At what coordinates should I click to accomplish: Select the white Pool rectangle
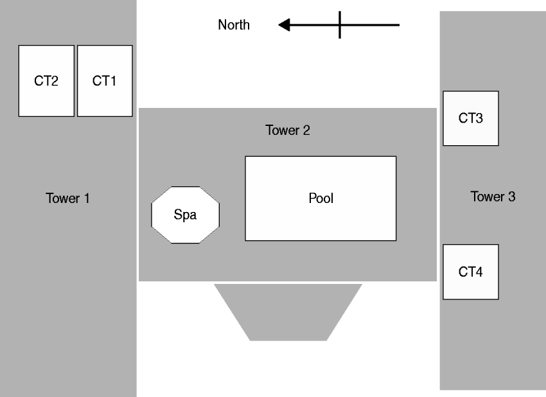click(321, 218)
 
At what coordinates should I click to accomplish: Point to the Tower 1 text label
click(67, 198)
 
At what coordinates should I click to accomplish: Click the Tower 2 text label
click(288, 130)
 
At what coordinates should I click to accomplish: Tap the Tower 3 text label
click(493, 197)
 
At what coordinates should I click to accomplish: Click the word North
click(234, 26)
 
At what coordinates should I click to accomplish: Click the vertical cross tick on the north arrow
click(340, 25)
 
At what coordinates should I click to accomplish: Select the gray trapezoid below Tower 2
click(288, 312)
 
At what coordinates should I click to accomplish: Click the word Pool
click(321, 198)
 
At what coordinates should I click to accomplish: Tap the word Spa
click(186, 215)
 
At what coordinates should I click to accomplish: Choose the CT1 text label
click(105, 81)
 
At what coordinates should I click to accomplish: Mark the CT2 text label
click(46, 81)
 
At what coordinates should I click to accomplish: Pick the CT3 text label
click(471, 118)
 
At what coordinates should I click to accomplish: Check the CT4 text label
click(471, 272)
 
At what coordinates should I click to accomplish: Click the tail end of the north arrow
click(398, 25)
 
